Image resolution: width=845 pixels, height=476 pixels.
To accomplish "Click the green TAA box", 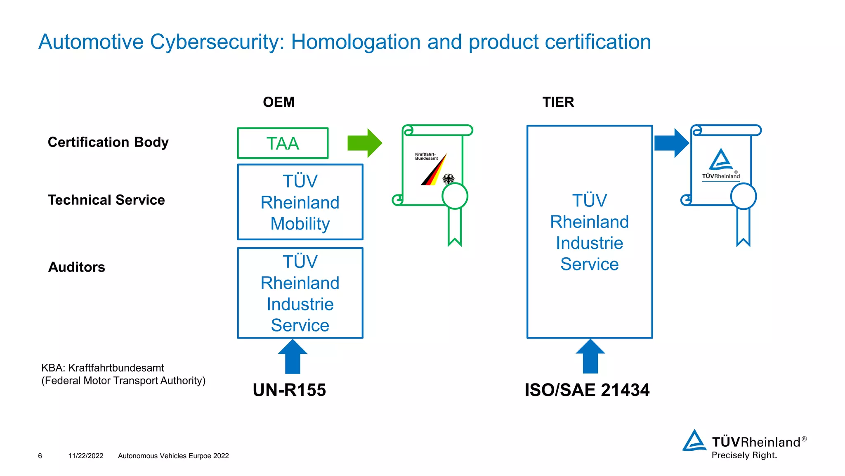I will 283,143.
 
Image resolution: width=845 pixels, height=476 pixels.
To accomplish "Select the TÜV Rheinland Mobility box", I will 300,202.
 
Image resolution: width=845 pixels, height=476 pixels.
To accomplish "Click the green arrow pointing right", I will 365,143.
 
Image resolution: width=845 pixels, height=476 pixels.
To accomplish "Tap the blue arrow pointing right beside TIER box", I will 671,143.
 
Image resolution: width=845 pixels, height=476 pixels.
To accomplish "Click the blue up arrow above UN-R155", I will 293,357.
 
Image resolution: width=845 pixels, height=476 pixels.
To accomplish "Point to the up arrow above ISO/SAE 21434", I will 590,357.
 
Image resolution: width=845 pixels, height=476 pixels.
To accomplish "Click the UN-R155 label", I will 289,390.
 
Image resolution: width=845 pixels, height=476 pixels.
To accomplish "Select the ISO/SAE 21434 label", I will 587,390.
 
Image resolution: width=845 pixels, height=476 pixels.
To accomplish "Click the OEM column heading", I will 279,102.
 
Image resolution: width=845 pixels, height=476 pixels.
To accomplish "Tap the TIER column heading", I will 558,102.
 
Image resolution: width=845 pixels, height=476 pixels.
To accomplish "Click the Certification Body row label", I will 108,142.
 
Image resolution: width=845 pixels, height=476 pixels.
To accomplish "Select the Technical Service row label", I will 106,200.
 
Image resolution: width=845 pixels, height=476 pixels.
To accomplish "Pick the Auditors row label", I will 77,267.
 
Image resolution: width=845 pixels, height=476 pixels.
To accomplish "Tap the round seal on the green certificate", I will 455,196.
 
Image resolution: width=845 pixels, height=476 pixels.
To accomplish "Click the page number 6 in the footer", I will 40,456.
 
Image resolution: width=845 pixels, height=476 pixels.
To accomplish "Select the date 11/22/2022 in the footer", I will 86,456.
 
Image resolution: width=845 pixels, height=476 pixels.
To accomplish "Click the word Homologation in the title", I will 356,42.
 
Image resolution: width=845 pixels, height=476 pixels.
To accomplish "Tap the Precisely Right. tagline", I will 744,455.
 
